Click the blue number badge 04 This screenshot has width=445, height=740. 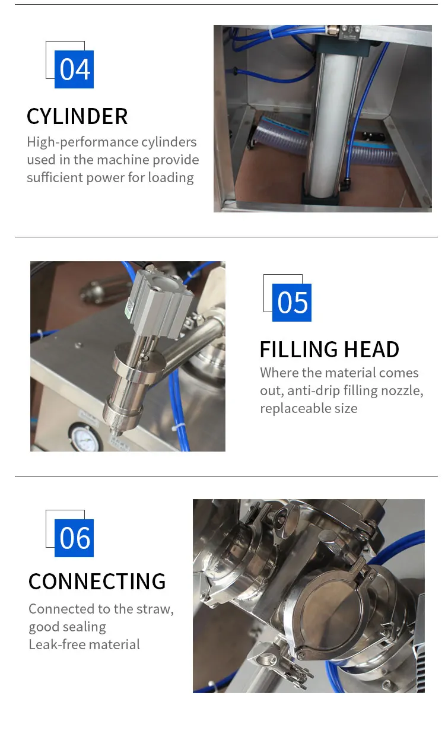click(74, 69)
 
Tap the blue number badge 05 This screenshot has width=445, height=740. click(292, 303)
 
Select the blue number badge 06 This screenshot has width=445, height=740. click(74, 538)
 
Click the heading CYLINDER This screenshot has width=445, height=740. click(77, 116)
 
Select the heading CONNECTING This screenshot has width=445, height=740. click(97, 582)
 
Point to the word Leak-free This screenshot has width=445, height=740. click(56, 644)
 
